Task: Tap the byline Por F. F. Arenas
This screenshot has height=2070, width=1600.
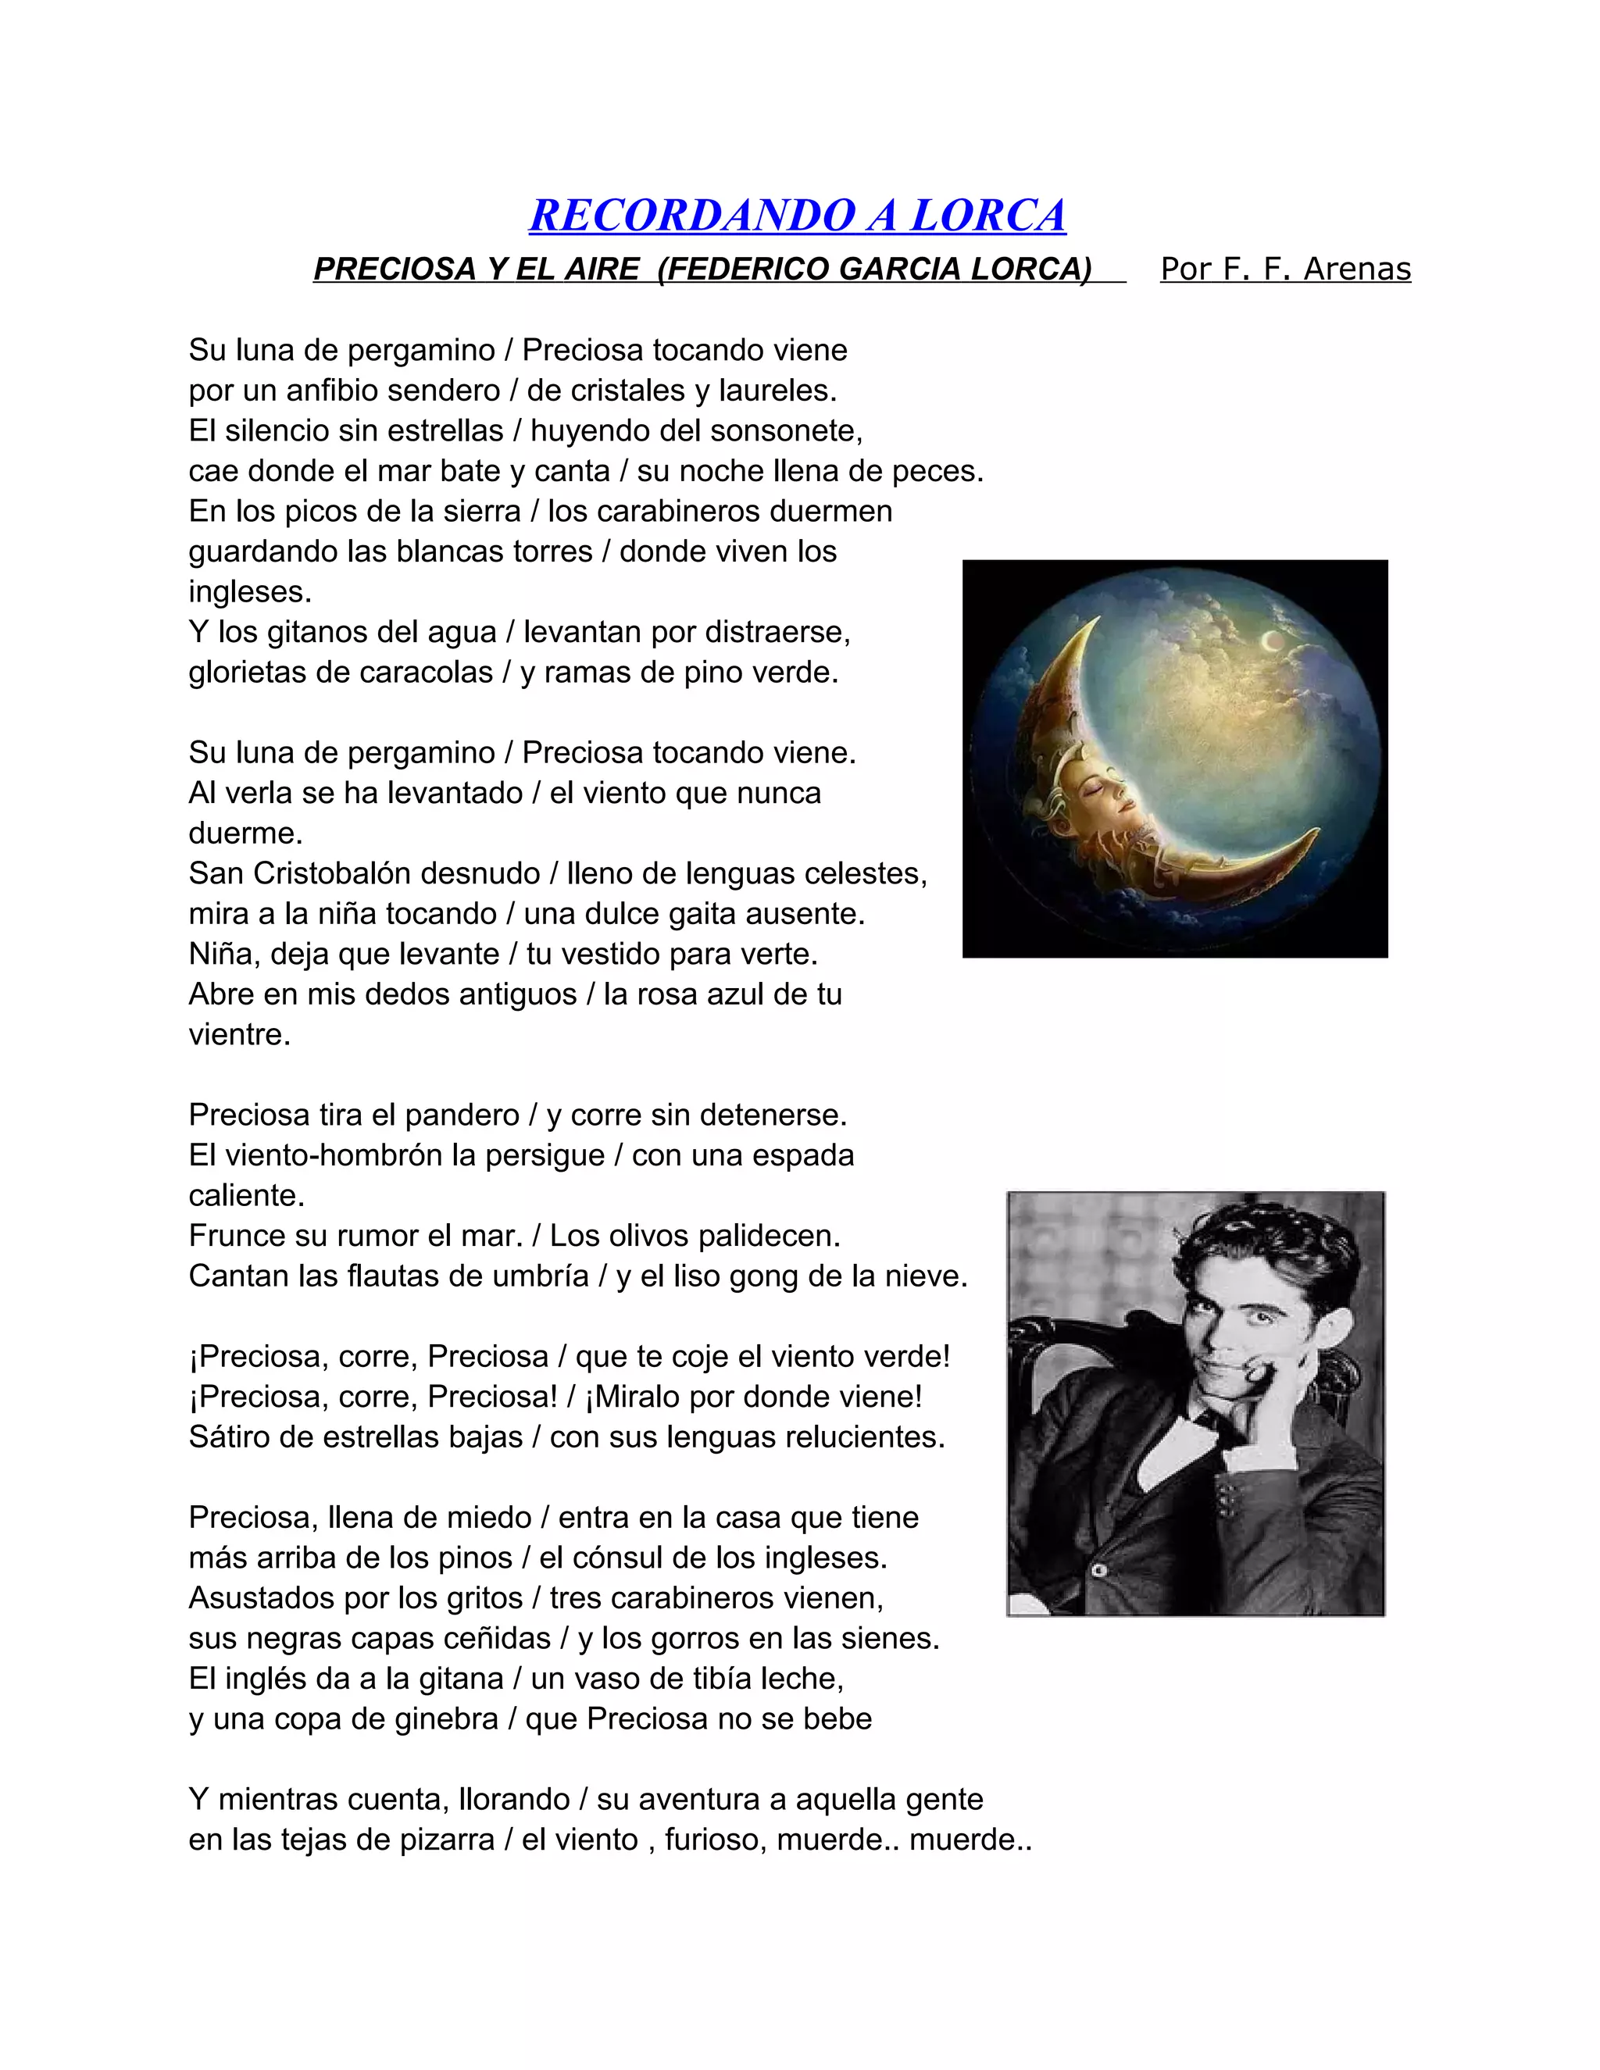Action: pyautogui.click(x=1285, y=269)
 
